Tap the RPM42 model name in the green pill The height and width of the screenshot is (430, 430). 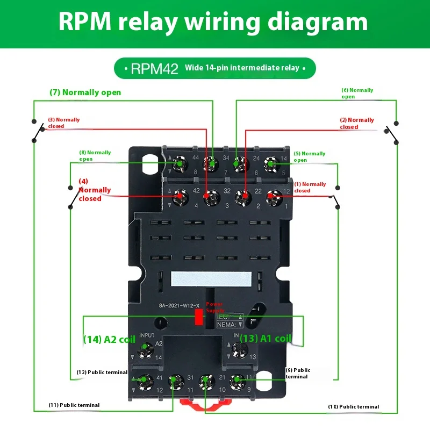pyautogui.click(x=154, y=69)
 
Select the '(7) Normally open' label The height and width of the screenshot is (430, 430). pyautogui.click(x=85, y=92)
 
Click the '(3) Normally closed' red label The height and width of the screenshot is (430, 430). pyautogui.click(x=63, y=123)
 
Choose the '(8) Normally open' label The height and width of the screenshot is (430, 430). pyautogui.click(x=95, y=155)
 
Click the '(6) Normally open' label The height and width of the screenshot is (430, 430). pyautogui.click(x=357, y=94)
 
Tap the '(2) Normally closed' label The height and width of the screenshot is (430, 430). pyautogui.click(x=356, y=124)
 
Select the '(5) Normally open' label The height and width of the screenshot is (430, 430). pyautogui.click(x=309, y=156)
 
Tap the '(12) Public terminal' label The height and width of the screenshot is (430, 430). pyautogui.click(x=102, y=372)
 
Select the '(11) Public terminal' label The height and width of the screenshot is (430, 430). pyautogui.click(x=74, y=405)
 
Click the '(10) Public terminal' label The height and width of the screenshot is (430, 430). pyautogui.click(x=353, y=406)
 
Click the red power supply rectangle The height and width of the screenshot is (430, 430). pyautogui.click(x=198, y=318)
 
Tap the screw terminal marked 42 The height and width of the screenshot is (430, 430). pyautogui.click(x=180, y=197)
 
